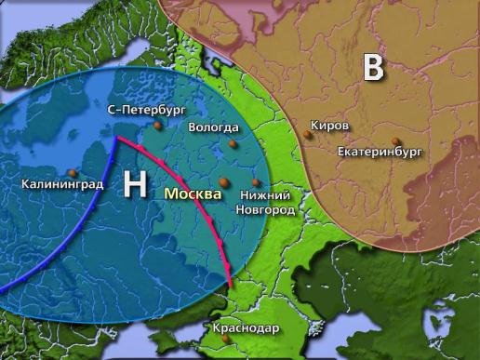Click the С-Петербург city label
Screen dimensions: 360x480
coord(144,110)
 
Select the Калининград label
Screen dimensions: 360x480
coord(62,184)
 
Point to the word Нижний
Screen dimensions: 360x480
coord(266,196)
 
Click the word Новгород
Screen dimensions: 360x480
coord(267,211)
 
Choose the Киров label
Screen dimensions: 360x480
coord(330,125)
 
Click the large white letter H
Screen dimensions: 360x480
coord(135,184)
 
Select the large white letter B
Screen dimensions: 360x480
coord(373,67)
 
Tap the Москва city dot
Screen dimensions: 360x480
coord(223,182)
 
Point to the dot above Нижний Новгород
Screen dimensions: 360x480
coord(257,182)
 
